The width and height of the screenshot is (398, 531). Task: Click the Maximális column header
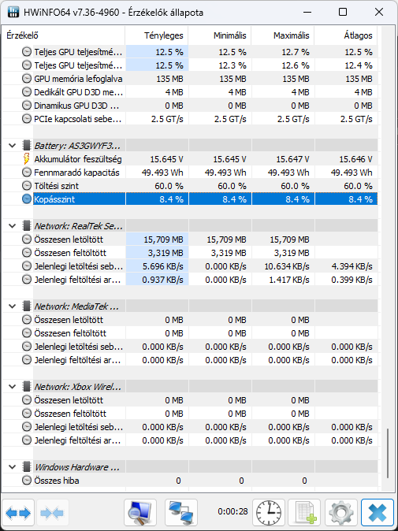(292, 35)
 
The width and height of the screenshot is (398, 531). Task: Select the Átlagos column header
(358, 35)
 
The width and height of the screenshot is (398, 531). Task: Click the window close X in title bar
(379, 12)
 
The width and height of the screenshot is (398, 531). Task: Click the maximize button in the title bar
(343, 12)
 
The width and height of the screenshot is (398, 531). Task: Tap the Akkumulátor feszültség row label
(78, 159)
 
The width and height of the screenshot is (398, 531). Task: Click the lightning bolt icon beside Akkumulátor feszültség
(27, 159)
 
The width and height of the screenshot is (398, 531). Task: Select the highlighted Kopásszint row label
(54, 199)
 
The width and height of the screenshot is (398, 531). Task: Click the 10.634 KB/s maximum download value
(287, 266)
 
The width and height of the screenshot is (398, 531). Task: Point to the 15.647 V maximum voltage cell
(292, 159)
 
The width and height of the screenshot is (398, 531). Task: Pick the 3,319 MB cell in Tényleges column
(163, 253)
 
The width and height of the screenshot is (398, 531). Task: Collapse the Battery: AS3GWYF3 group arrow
(12, 146)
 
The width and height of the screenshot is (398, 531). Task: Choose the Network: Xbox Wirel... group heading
(78, 387)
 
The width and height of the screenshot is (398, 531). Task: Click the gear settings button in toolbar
(341, 512)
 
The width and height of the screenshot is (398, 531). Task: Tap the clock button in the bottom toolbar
(269, 512)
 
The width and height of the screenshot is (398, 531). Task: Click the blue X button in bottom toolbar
(377, 512)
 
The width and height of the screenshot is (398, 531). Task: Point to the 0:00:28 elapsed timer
(232, 511)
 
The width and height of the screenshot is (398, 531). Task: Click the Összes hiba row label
(58, 481)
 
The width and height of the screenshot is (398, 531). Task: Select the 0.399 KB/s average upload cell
(352, 280)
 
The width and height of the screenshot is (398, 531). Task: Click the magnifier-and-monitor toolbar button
(140, 512)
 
